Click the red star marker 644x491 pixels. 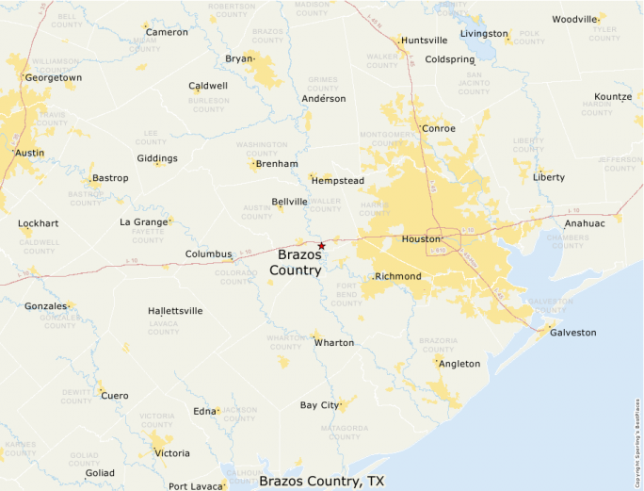(x=322, y=245)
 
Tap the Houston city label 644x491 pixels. (x=421, y=239)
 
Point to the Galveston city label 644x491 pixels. (x=573, y=332)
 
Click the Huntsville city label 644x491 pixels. (x=424, y=41)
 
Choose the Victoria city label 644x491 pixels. (x=171, y=453)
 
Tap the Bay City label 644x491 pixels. (x=319, y=405)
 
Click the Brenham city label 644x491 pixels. (x=277, y=164)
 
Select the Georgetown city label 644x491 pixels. (x=53, y=77)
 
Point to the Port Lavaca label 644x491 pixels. (x=196, y=486)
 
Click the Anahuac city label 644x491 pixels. (x=585, y=223)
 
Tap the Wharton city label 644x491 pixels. (x=334, y=342)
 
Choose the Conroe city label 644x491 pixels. (x=438, y=128)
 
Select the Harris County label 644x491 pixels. (x=374, y=208)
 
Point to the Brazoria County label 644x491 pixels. (x=438, y=344)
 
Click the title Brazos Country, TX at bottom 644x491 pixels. (x=321, y=481)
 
